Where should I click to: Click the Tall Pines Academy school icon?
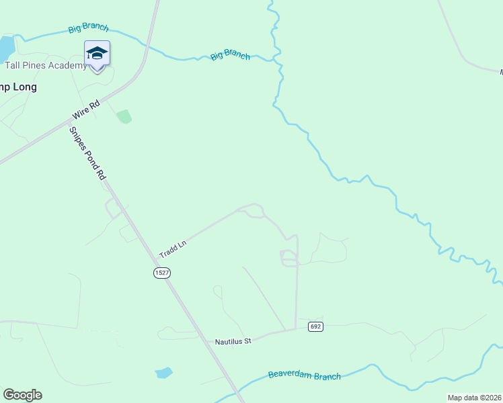click(97, 54)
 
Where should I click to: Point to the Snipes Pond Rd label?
click(87, 153)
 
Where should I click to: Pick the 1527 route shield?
click(161, 272)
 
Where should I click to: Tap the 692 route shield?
click(315, 326)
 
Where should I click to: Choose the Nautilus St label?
click(233, 341)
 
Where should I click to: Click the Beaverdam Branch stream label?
click(304, 375)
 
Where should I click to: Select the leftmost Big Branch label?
click(88, 29)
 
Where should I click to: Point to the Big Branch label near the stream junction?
click(230, 55)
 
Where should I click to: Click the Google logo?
click(22, 395)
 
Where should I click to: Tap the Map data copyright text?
click(475, 398)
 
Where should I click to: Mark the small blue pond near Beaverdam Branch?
click(163, 372)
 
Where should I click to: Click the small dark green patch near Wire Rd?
click(124, 117)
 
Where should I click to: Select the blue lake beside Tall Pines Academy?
click(6, 48)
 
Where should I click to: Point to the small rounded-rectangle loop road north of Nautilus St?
click(288, 258)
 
